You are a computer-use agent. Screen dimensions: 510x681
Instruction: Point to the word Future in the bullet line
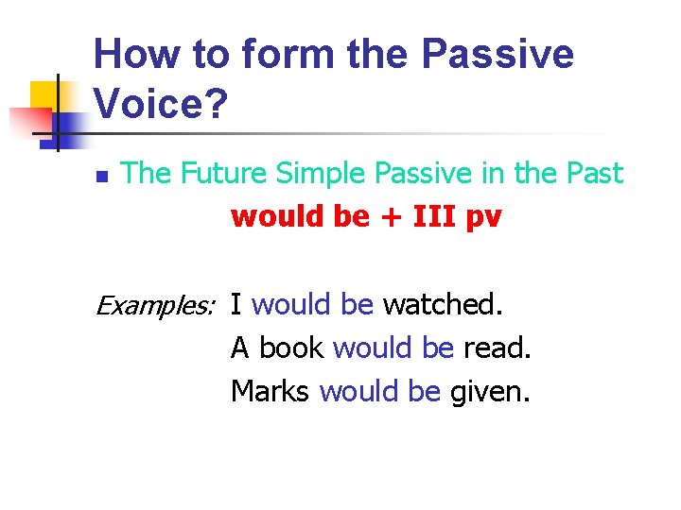[218, 173]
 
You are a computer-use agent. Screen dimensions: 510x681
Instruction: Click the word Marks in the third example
[271, 391]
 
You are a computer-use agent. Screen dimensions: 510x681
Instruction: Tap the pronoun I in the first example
[236, 304]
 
